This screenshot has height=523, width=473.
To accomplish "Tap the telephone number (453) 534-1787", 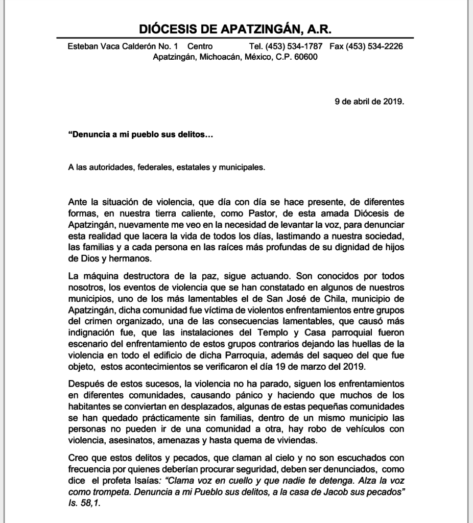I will point(294,46).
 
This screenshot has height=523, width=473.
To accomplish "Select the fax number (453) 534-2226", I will point(374,46).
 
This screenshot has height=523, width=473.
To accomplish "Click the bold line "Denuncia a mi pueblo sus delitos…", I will point(140,135).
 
